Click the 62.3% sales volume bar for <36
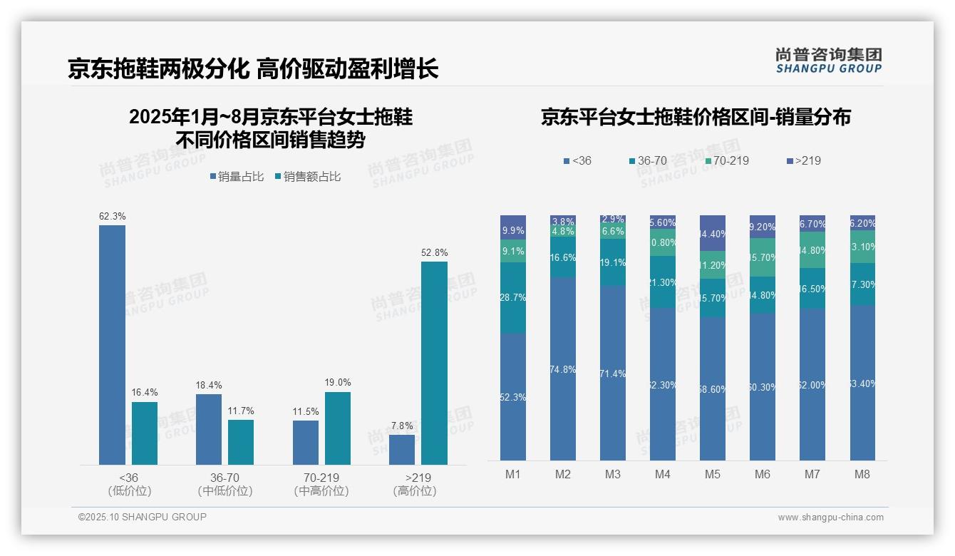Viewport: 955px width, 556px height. click(x=112, y=345)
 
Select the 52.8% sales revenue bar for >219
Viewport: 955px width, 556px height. click(x=434, y=363)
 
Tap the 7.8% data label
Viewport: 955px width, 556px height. click(x=402, y=426)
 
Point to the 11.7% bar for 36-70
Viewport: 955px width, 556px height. click(x=241, y=442)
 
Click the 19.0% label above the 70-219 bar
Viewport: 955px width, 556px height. click(x=338, y=383)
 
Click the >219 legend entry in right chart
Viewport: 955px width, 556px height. click(x=803, y=160)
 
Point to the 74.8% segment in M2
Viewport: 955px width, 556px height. click(x=562, y=369)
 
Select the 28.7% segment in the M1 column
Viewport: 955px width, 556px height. click(x=512, y=298)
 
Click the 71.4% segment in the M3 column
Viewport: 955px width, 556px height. click(x=612, y=373)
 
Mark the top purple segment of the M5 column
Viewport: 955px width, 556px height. click(x=712, y=233)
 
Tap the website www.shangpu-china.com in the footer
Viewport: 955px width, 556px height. click(x=830, y=518)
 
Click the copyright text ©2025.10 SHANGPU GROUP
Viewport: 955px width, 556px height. click(x=143, y=517)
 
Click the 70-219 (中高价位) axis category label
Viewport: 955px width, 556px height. click(x=321, y=484)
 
